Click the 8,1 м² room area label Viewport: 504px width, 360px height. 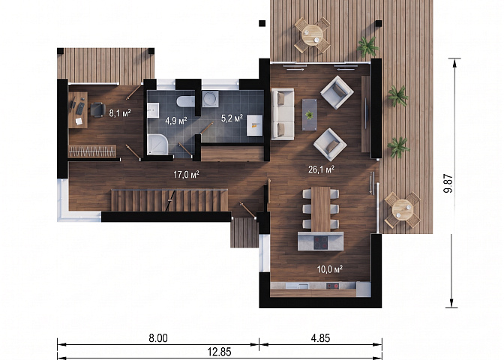coord(120,112)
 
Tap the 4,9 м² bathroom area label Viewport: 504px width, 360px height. coord(176,121)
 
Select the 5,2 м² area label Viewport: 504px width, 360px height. coord(232,118)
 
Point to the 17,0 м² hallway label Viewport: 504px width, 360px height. coord(187,175)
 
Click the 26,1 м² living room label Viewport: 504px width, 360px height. coord(322,169)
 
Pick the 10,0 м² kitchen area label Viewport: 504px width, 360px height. coord(330,269)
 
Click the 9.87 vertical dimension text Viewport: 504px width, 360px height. coord(448,184)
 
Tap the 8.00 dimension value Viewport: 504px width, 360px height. coord(158,338)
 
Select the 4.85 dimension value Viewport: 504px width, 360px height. coord(320,338)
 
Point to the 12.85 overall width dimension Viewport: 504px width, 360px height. coord(219,352)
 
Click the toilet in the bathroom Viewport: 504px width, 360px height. coord(185,101)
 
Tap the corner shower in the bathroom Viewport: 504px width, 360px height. coord(157,145)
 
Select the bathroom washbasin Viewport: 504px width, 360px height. coord(153,110)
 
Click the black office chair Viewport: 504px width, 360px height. coord(97,109)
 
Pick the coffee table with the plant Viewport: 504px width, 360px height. coord(310,115)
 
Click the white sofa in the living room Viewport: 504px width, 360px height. coord(283,114)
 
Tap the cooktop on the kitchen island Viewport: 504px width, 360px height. coord(320,241)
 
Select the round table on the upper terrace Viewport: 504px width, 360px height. coord(312,35)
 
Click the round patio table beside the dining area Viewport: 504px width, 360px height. coord(402,210)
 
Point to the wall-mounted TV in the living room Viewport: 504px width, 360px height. coord(366,114)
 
